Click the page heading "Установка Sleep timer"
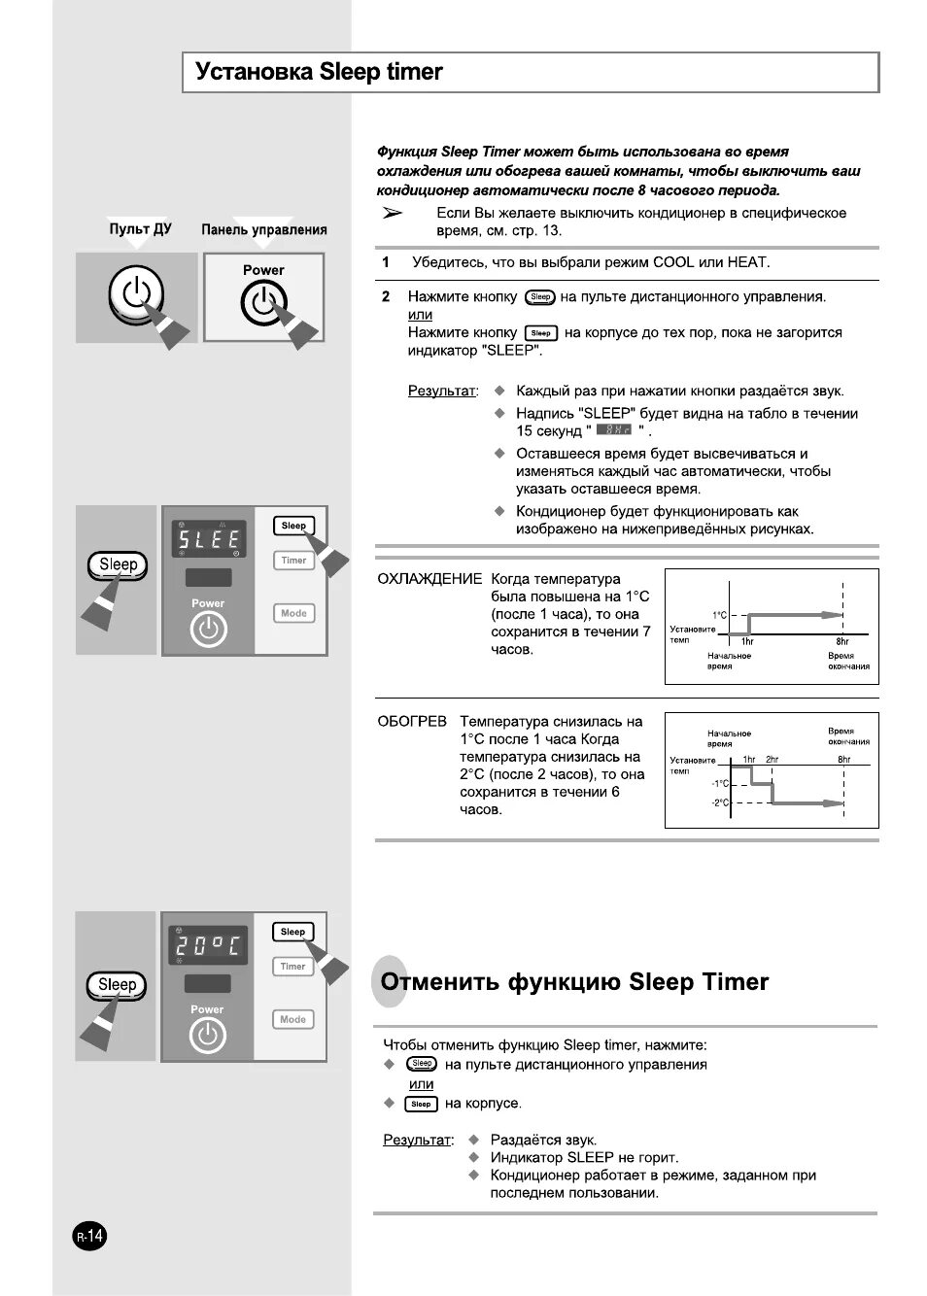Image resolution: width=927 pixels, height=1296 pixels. [319, 72]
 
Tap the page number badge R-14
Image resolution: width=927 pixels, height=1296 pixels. [89, 1237]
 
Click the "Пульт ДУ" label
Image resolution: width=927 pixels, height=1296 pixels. [140, 229]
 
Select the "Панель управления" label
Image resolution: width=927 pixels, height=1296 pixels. [263, 230]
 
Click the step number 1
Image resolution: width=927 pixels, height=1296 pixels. [386, 262]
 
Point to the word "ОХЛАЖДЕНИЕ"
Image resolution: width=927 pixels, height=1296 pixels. [429, 579]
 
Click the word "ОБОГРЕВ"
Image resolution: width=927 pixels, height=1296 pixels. [412, 722]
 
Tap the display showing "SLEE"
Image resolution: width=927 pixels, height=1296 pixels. [208, 539]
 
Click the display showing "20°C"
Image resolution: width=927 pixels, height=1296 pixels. [207, 945]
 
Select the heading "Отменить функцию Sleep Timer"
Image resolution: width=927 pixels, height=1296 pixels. [574, 982]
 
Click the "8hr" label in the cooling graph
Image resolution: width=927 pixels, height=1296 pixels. [842, 642]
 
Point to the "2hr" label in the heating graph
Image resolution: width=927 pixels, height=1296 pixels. [772, 759]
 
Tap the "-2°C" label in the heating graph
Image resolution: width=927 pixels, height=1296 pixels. [719, 802]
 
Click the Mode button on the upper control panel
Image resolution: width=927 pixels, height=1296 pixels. [293, 613]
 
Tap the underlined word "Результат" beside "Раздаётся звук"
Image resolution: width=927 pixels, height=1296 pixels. [418, 1140]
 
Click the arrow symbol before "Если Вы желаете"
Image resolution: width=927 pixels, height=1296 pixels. [392, 213]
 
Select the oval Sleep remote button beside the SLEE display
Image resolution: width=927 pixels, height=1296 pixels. [118, 564]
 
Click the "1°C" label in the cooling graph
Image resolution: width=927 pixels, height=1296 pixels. [719, 615]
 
